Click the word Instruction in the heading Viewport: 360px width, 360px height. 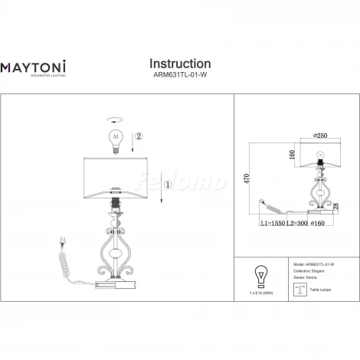(179, 63)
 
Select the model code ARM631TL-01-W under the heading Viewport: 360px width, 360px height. (179, 76)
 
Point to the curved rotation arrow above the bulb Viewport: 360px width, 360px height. (115, 120)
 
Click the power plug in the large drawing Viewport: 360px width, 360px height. (61, 244)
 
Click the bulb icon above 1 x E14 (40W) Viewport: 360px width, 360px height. (261, 275)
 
